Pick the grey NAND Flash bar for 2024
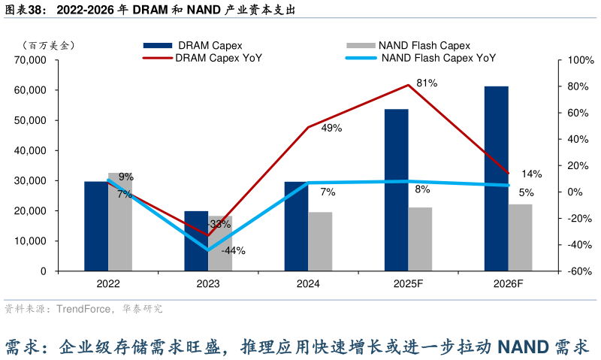[x=320, y=241]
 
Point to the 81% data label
[x=427, y=83]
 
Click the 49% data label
[x=331, y=129]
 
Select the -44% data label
[x=233, y=251]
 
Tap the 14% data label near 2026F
[x=531, y=174]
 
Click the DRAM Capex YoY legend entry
[x=218, y=58]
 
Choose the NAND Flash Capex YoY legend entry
[x=439, y=58]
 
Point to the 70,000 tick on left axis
[x=31, y=60]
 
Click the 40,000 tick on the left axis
[x=31, y=150]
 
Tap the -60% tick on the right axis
[x=572, y=271]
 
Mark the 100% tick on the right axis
[x=572, y=60]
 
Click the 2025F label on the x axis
[x=409, y=284]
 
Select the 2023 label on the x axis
[x=208, y=284]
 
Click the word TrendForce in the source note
[x=82, y=309]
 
